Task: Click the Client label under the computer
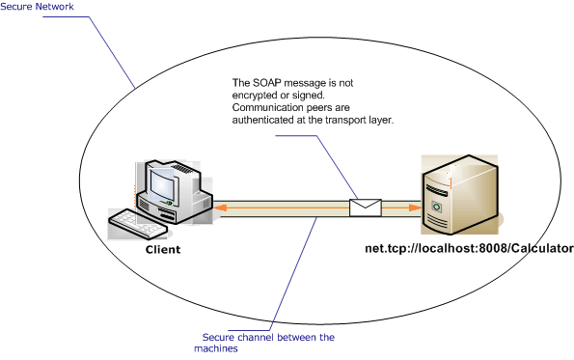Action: (162, 249)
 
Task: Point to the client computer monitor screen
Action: (160, 180)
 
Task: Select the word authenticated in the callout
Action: (265, 120)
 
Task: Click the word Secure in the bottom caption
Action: (219, 337)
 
